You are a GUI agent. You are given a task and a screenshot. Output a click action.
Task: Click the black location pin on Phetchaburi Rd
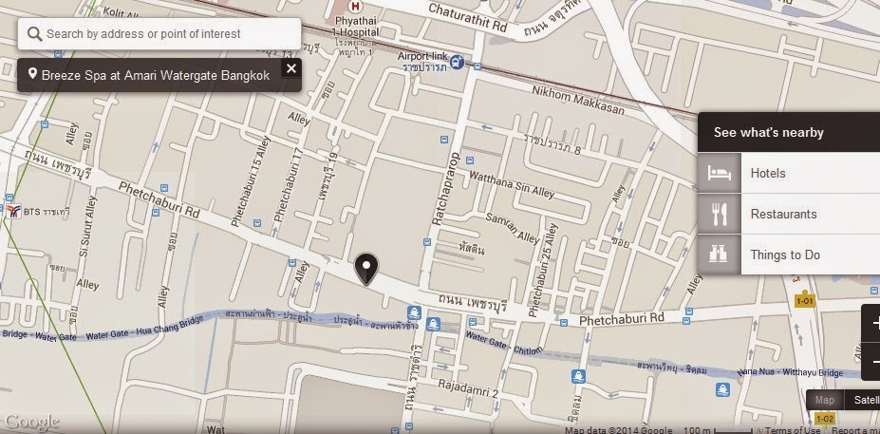pos(365,270)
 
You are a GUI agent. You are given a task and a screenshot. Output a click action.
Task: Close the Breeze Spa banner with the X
pos(290,68)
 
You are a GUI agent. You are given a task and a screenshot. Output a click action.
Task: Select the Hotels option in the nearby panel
pos(768,174)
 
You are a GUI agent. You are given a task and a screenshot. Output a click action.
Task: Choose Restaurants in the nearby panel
pos(783,215)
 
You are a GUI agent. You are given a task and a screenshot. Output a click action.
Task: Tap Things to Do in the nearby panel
pos(785,255)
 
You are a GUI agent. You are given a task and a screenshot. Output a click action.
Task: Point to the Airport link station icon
pos(457,63)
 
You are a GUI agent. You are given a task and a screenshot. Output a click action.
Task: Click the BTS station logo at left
pos(13,210)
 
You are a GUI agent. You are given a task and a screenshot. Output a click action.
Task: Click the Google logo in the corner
pos(32,422)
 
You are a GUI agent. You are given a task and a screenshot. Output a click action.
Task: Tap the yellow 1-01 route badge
pos(805,301)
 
